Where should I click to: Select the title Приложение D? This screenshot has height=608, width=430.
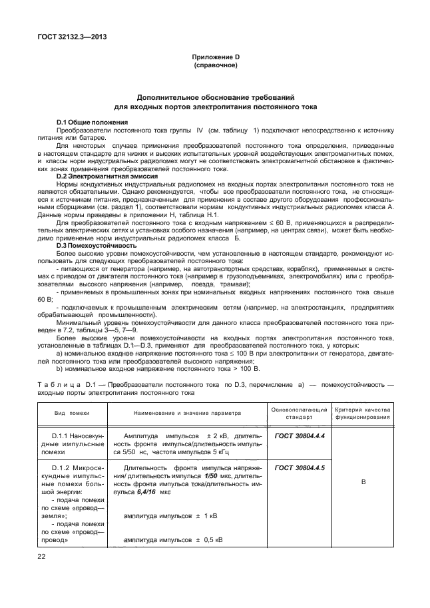[x=215, y=59]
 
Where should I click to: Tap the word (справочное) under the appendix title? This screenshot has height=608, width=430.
[x=215, y=67]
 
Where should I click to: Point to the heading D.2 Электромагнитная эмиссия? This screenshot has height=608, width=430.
[x=102, y=175]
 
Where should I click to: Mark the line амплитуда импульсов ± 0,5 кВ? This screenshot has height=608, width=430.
[x=173, y=539]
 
